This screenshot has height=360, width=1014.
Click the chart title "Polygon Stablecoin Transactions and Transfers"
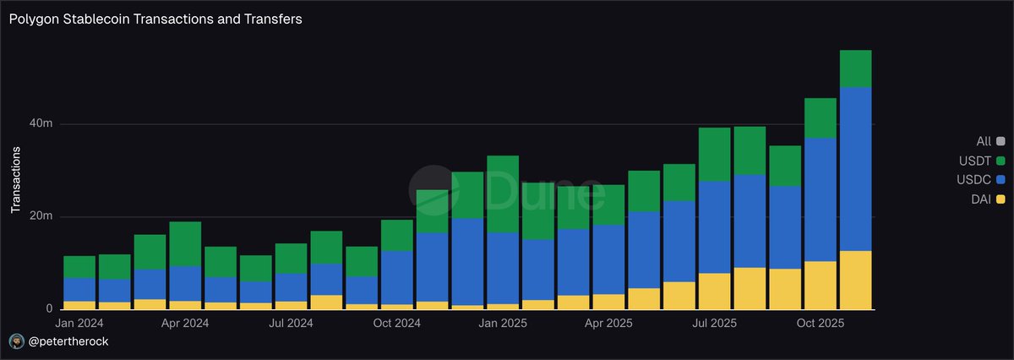point(155,19)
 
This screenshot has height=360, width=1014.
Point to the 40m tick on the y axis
point(42,124)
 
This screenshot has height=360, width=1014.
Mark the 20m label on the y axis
point(42,217)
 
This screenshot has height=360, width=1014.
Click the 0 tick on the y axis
point(49,309)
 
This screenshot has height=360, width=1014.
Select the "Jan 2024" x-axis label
point(79,324)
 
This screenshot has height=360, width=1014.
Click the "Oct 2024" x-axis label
point(397,324)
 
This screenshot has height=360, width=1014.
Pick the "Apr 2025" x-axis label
point(608,324)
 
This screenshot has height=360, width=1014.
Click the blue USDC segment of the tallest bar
point(855,169)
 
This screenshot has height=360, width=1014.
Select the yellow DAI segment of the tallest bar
point(855,280)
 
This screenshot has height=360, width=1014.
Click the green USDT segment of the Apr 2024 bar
point(185,244)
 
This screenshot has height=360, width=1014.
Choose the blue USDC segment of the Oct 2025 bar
point(820,199)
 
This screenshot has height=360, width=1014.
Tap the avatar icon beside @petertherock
point(17,341)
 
